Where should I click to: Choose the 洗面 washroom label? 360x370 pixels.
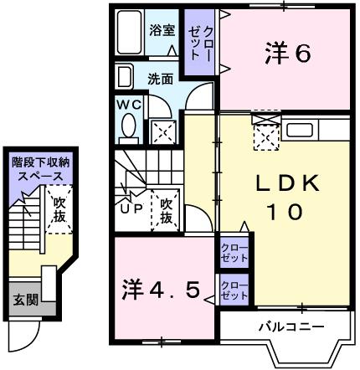[161, 80]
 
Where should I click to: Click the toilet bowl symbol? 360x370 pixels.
[129, 126]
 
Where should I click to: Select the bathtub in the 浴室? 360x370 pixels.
[128, 33]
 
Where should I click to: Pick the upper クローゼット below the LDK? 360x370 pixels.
[234, 254]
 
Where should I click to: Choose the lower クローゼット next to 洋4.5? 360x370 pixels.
[234, 291]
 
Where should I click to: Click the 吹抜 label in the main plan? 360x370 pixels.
[166, 209]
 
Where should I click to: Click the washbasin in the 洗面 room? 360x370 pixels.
[124, 78]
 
